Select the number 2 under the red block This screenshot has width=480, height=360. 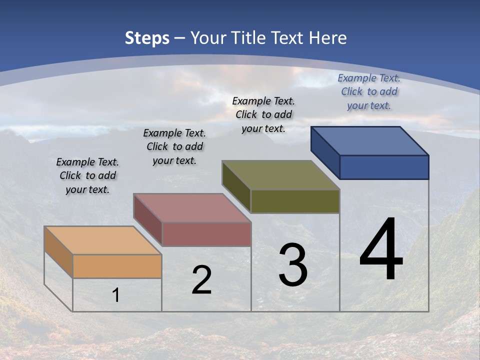pyautogui.click(x=201, y=280)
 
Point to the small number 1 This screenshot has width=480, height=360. pyautogui.click(x=115, y=295)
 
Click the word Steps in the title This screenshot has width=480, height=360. pyautogui.click(x=147, y=38)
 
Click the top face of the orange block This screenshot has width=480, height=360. pyautogui.click(x=103, y=240)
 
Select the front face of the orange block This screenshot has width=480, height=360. pyautogui.click(x=117, y=266)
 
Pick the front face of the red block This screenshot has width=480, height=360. pyautogui.click(x=206, y=234)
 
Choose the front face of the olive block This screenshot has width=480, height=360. pyautogui.click(x=295, y=201)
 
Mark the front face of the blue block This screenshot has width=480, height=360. pyautogui.click(x=384, y=167)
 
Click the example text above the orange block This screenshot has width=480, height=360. pyautogui.click(x=87, y=175)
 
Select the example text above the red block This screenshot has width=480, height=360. pyautogui.click(x=174, y=146)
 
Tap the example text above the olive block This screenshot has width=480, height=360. pyautogui.click(x=263, y=114)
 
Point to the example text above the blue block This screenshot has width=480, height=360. pyautogui.click(x=369, y=91)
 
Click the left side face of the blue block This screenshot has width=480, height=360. pyautogui.click(x=325, y=152)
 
